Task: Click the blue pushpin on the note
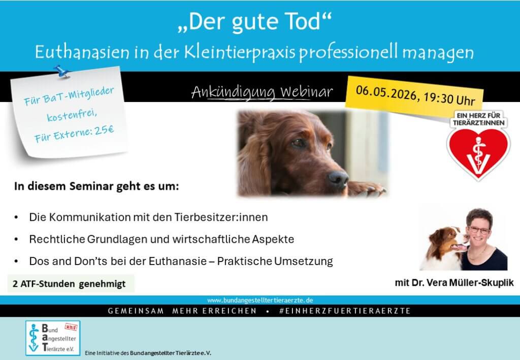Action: pyautogui.click(x=61, y=71)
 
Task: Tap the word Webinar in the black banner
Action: pyautogui.click(x=306, y=91)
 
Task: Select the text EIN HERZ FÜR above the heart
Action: pyautogui.click(x=478, y=115)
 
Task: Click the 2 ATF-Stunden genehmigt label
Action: pyautogui.click(x=69, y=284)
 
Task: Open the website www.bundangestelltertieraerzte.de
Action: pyautogui.click(x=260, y=300)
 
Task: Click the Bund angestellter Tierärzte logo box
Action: pyautogui.click(x=53, y=338)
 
